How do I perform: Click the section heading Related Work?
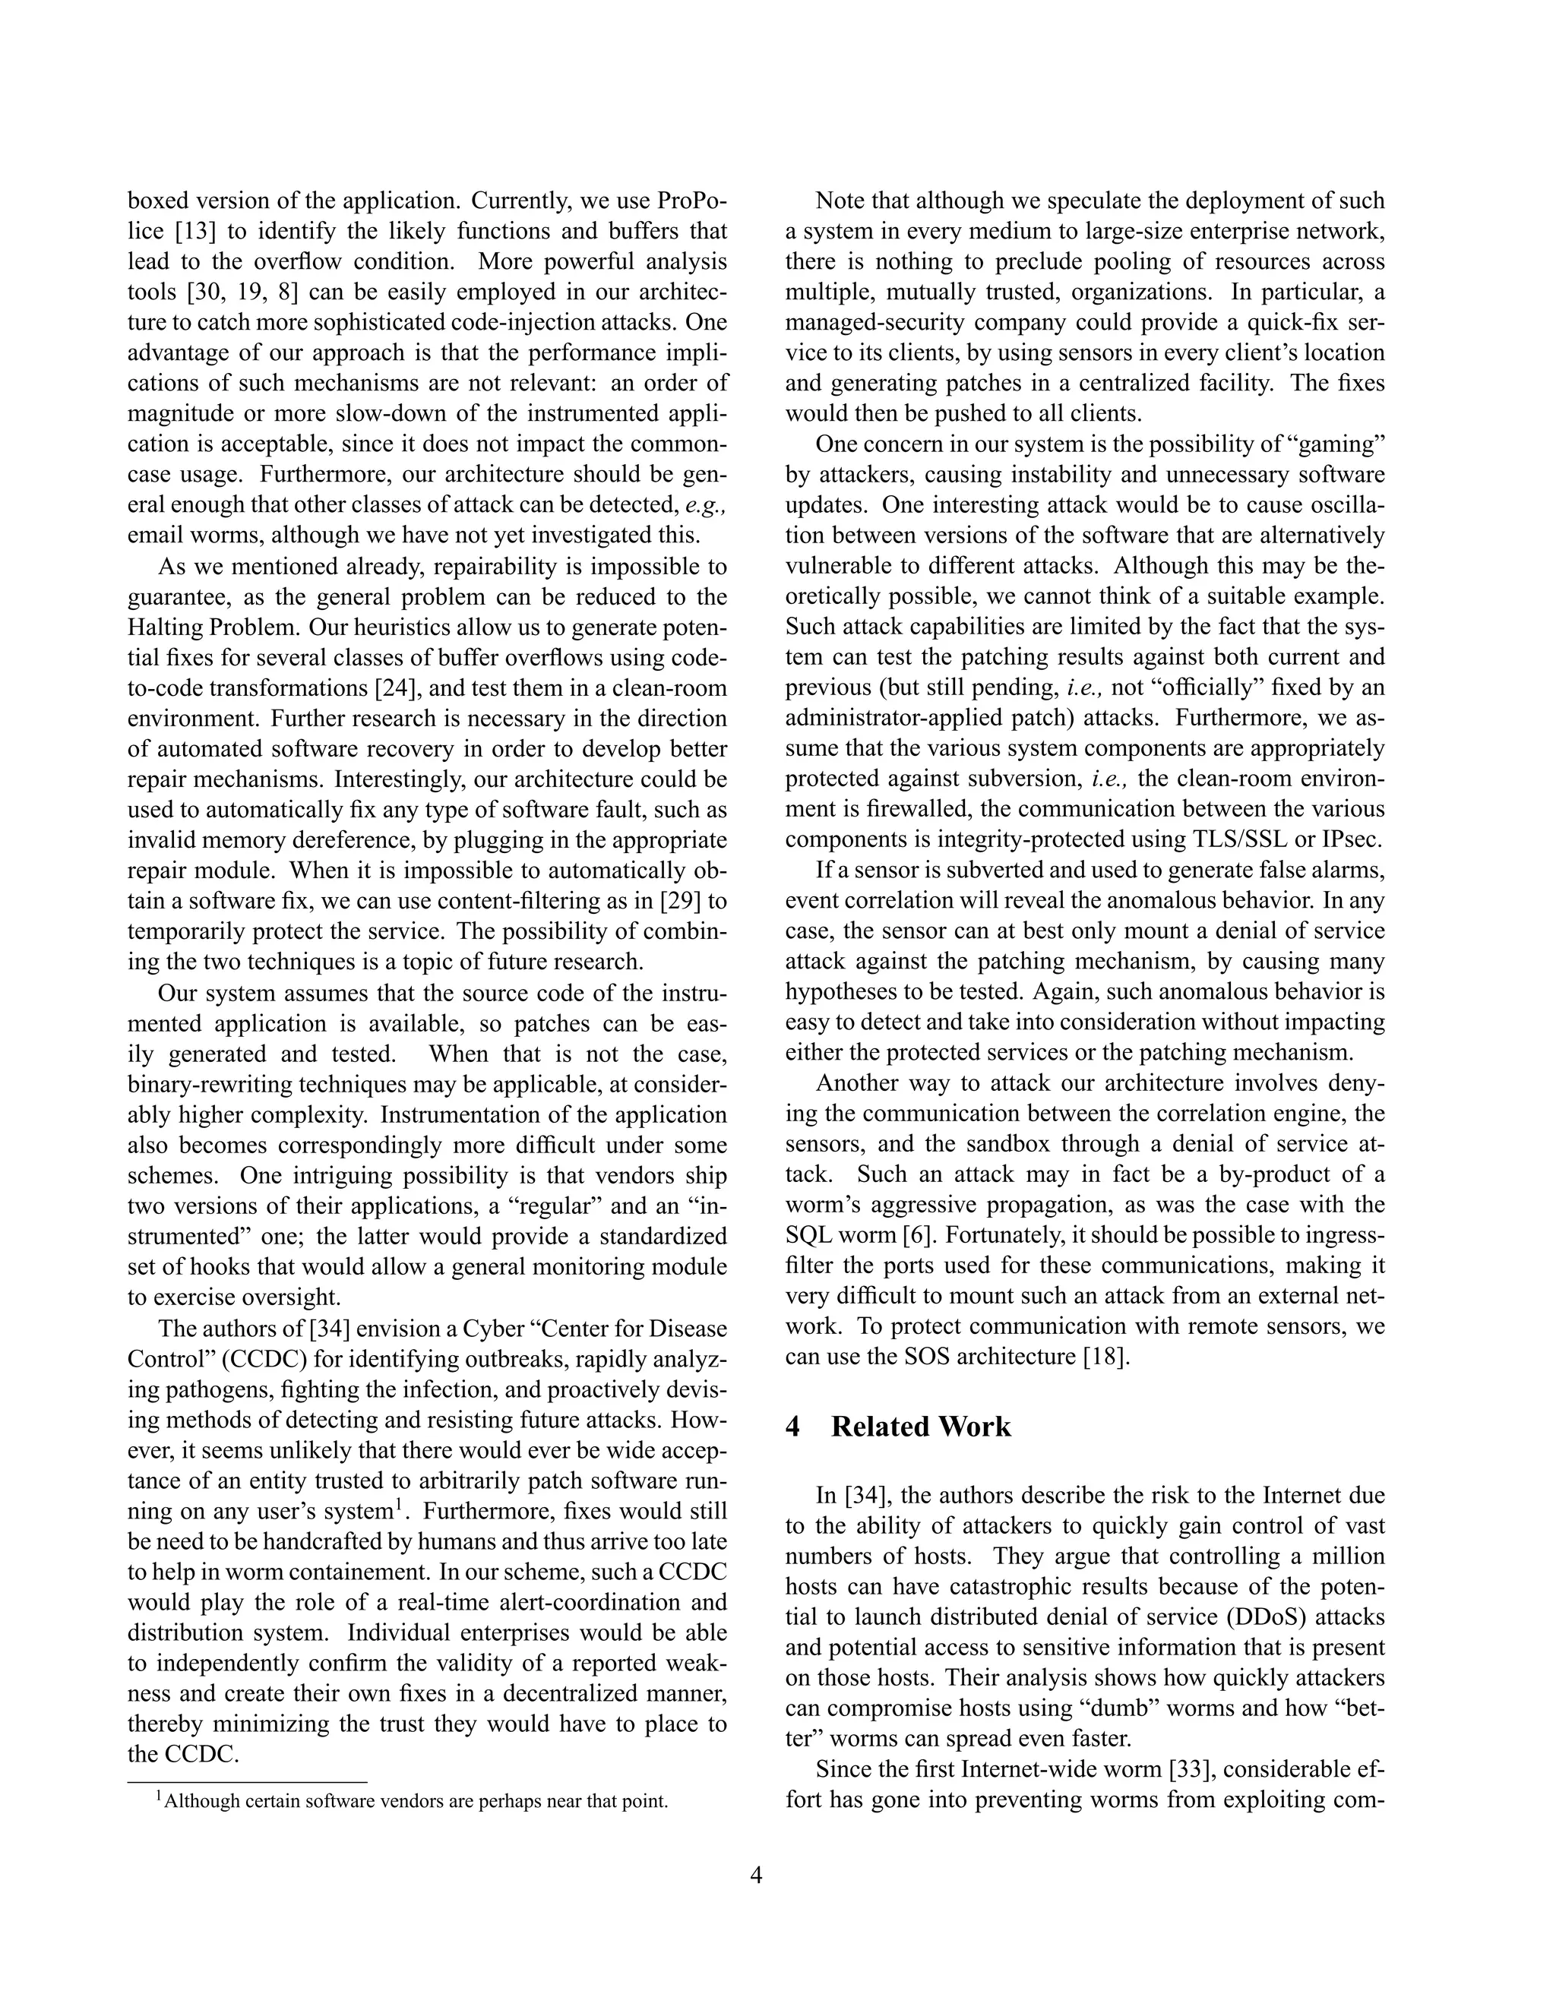920,1427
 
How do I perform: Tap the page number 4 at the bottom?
756,1876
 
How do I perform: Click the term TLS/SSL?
1239,839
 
